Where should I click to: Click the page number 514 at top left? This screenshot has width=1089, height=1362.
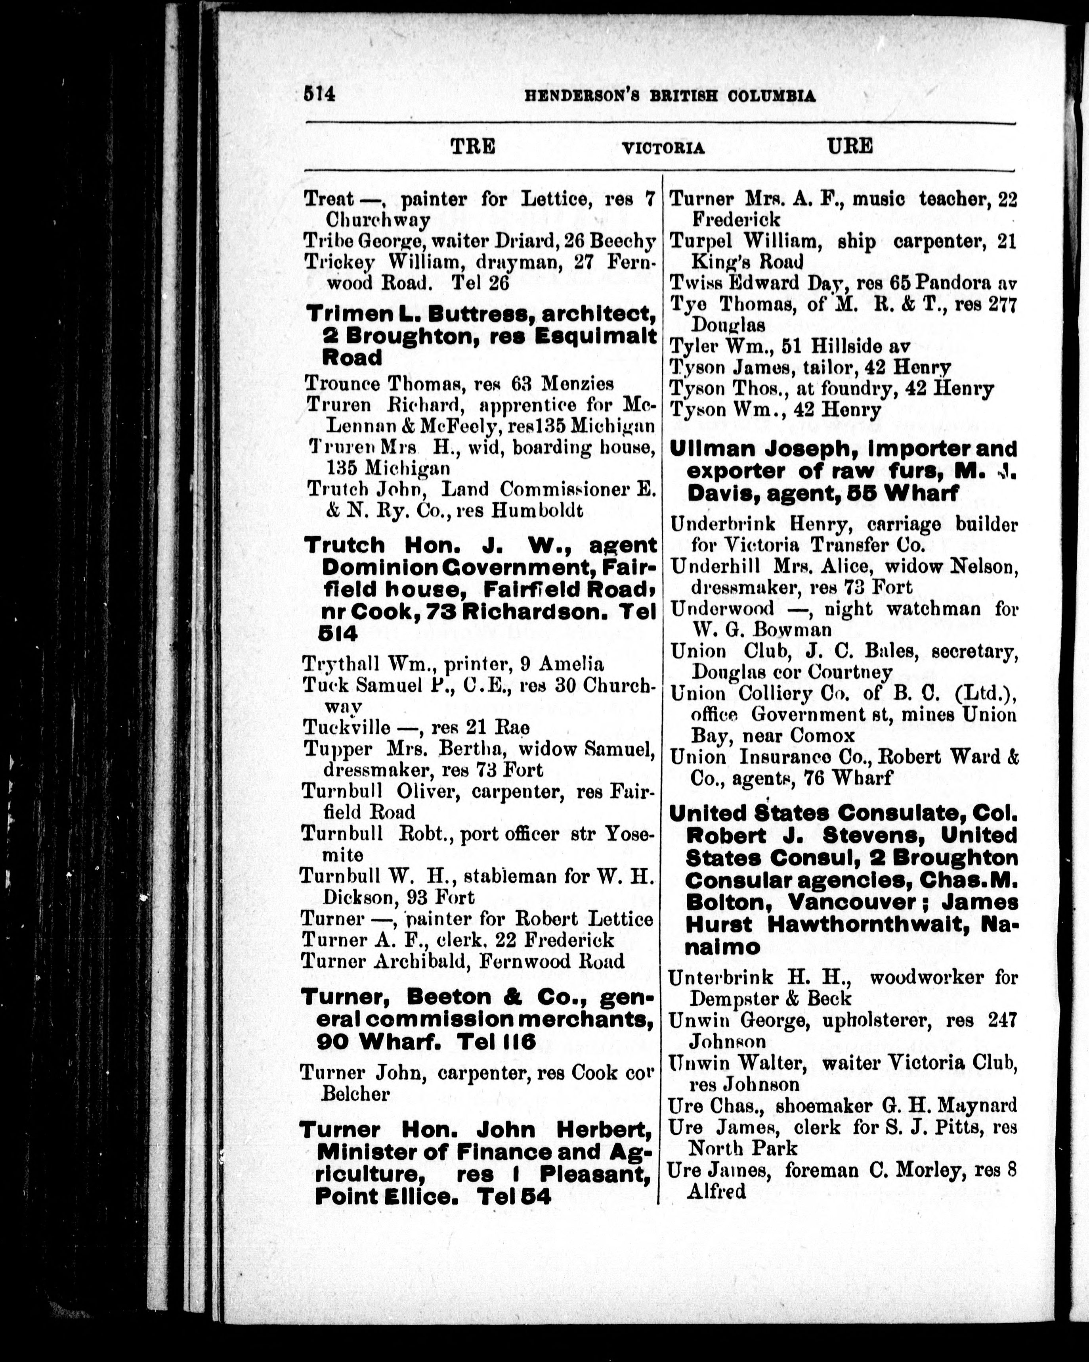click(x=319, y=94)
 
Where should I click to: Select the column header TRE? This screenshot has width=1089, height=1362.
click(x=472, y=147)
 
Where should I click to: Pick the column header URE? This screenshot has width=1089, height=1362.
click(x=850, y=147)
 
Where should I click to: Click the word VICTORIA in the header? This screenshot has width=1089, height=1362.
click(x=663, y=148)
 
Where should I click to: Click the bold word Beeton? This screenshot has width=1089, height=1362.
click(x=448, y=997)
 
